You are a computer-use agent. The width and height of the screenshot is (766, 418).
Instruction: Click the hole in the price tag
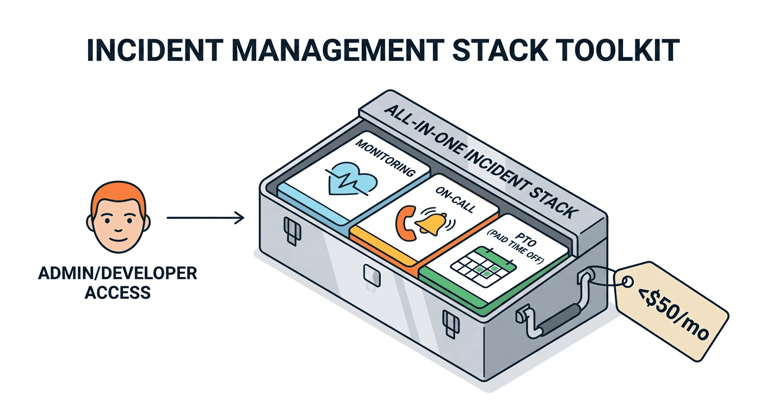627,282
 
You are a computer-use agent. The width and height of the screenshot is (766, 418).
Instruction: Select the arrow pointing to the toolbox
205,219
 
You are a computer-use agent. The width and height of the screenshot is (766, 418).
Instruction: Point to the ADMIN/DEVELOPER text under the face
118,273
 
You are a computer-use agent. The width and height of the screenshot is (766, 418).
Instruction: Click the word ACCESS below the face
118,293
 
